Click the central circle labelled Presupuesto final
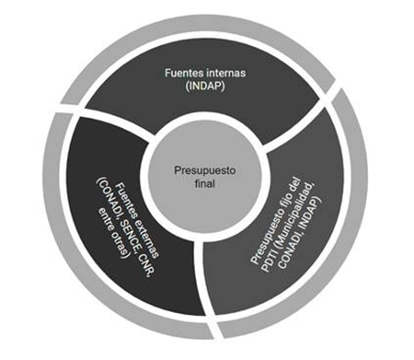205,178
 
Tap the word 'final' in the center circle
205,183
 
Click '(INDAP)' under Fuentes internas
205,86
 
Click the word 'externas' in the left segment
146,233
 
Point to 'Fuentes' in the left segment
123,196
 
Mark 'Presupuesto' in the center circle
205,170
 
